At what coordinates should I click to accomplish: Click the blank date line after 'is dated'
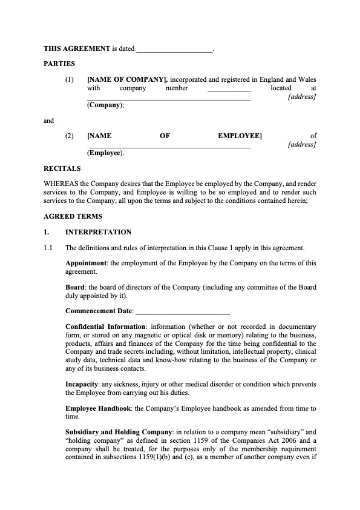coord(173,47)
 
